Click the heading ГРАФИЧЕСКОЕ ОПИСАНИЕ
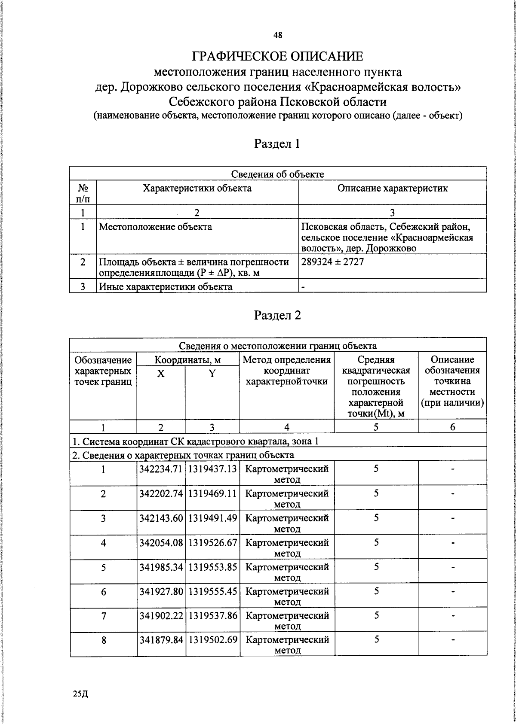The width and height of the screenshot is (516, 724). [277, 56]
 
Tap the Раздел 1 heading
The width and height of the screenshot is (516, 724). [277, 143]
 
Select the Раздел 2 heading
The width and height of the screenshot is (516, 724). [277, 315]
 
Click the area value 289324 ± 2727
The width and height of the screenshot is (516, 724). [333, 262]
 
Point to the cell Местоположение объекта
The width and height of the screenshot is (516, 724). [155, 227]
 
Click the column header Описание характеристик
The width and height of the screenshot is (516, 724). [392, 188]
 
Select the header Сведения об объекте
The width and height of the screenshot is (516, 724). [277, 174]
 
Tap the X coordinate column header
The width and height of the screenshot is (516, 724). [160, 374]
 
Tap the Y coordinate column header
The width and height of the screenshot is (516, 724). [212, 374]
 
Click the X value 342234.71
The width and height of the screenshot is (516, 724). [161, 469]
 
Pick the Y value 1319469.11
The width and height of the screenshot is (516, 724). [213, 493]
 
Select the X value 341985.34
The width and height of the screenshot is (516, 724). [161, 567]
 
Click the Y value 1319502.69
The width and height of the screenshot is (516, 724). [213, 640]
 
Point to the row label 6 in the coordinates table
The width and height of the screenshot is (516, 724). [103, 592]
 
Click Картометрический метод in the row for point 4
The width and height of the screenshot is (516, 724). [287, 548]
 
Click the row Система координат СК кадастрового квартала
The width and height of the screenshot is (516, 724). [196, 441]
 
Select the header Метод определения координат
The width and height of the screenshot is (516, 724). [287, 370]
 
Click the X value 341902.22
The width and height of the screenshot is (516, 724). [161, 616]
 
